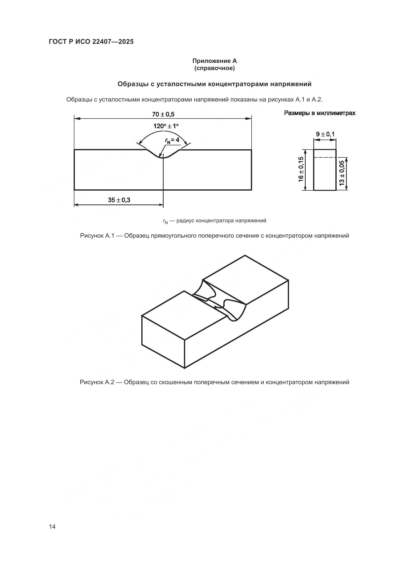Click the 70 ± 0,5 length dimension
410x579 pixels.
(x=163, y=115)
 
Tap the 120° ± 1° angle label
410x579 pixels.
(x=166, y=126)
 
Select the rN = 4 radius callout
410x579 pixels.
(x=172, y=140)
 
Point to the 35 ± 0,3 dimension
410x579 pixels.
(x=119, y=200)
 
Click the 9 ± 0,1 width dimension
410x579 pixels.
(x=325, y=134)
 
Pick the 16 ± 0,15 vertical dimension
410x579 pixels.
(x=301, y=169)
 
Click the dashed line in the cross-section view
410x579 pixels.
(x=325, y=158)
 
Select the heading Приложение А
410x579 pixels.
(x=214, y=61)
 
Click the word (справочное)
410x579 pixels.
(x=214, y=68)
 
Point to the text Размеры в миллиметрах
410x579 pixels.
(x=320, y=113)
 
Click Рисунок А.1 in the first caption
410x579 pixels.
(x=97, y=236)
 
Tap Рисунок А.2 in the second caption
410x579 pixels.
(x=97, y=382)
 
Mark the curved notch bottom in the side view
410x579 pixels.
(x=163, y=157)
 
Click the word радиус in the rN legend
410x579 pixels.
(x=186, y=221)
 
